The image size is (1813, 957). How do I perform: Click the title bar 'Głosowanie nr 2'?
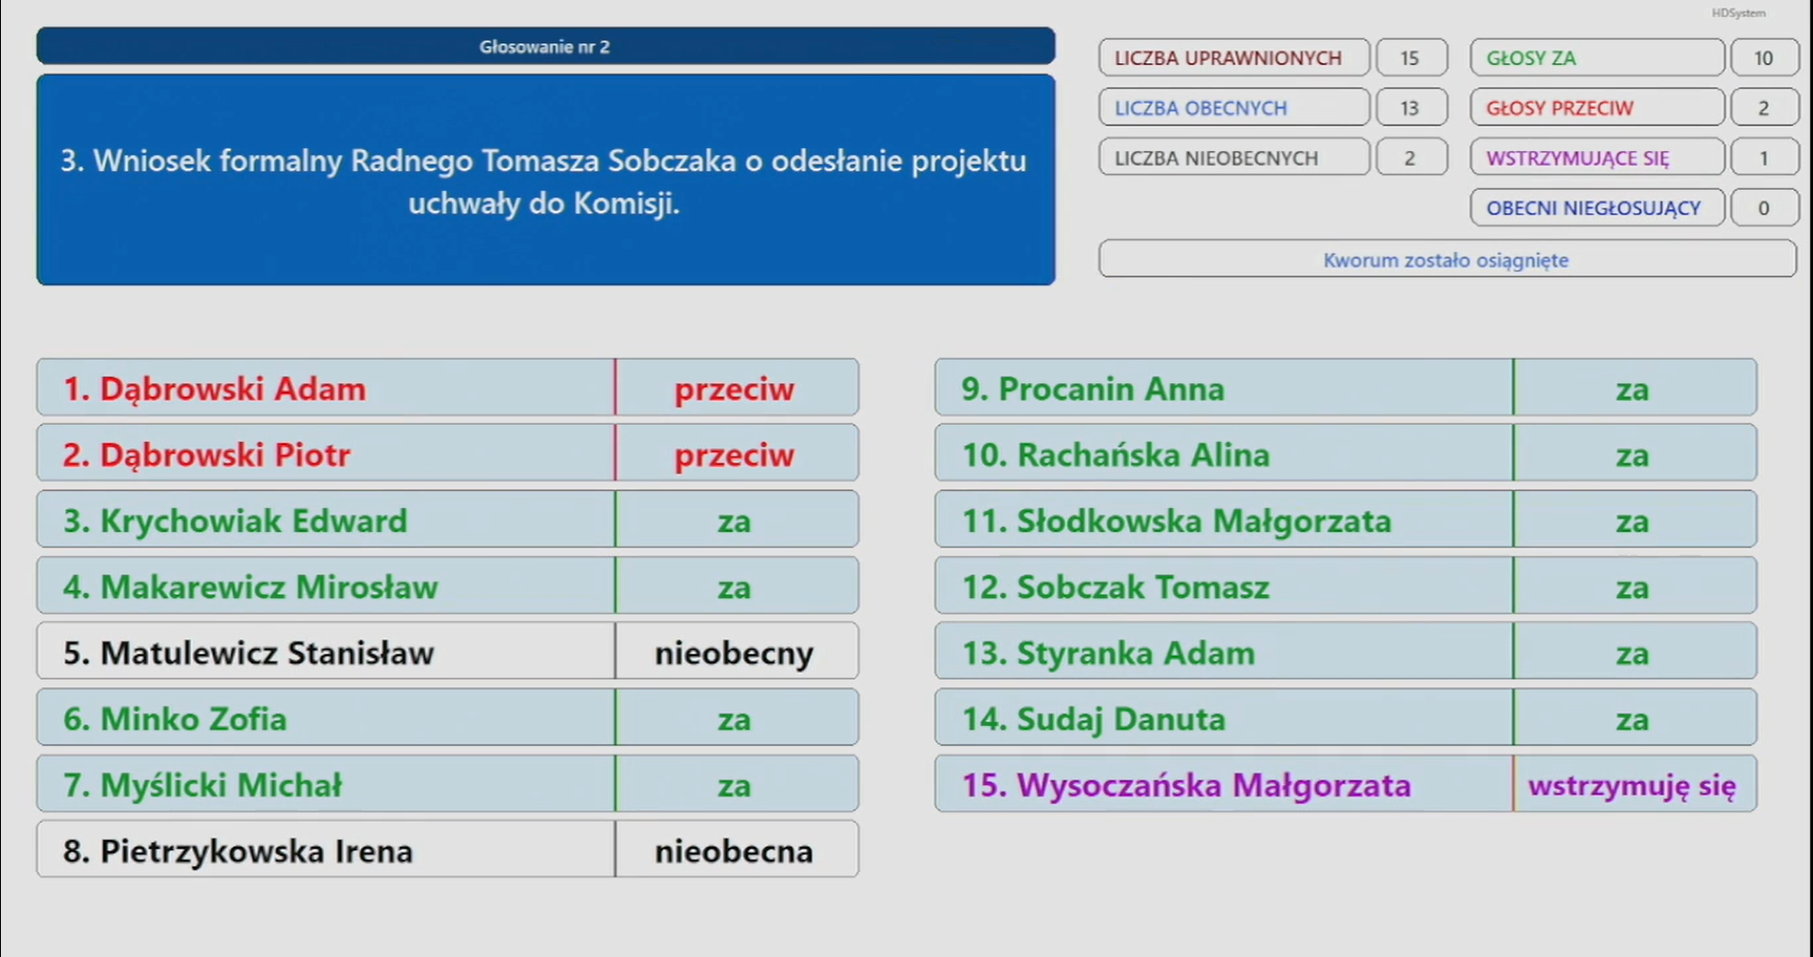545,46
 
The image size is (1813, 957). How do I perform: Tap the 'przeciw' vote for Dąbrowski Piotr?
735,456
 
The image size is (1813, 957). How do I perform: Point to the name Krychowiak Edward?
235,521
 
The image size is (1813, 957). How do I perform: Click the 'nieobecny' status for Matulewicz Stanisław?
735,653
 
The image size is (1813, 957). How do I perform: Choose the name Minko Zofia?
175,719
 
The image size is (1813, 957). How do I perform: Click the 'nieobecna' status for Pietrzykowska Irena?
735,851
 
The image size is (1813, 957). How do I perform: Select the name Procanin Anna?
1093,389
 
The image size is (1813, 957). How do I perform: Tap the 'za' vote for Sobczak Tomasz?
1633,588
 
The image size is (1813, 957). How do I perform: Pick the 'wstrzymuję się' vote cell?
1633,785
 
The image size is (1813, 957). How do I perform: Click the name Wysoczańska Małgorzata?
1187,785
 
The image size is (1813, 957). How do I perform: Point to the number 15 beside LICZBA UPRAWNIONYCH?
1410,58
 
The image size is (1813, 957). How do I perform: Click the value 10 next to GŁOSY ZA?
1764,58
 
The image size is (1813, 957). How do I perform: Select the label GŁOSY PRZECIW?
1560,109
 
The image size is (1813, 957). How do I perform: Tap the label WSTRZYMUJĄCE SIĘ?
1578,159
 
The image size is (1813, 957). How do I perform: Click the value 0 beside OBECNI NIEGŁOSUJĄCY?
1764,208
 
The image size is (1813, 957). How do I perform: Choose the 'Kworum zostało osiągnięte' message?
1447,260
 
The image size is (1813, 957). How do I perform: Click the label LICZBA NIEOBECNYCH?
1216,159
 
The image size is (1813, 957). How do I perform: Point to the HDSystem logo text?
1738,13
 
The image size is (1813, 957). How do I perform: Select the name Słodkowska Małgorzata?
1177,521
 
